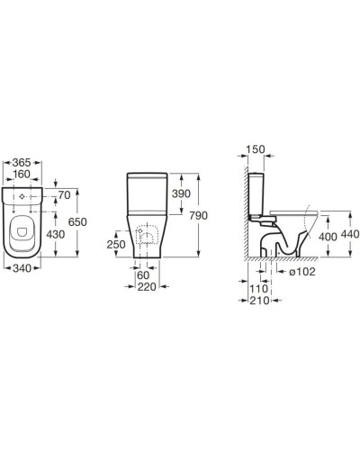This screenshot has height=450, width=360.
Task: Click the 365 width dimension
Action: pos(22,162)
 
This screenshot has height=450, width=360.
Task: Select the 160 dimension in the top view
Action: pos(22,174)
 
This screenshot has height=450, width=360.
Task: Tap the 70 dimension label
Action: pos(64,195)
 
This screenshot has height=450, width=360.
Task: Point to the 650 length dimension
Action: pos(77,222)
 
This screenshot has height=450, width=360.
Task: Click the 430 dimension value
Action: pos(56,234)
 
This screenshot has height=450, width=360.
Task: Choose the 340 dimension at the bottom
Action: pos(22,268)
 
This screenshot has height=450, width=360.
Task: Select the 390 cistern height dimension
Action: pos(181,193)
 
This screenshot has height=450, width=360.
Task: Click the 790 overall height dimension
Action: pos(198,216)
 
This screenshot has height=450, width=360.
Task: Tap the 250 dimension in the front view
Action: pos(116,245)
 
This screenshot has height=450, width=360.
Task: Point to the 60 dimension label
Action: pos(143,275)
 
